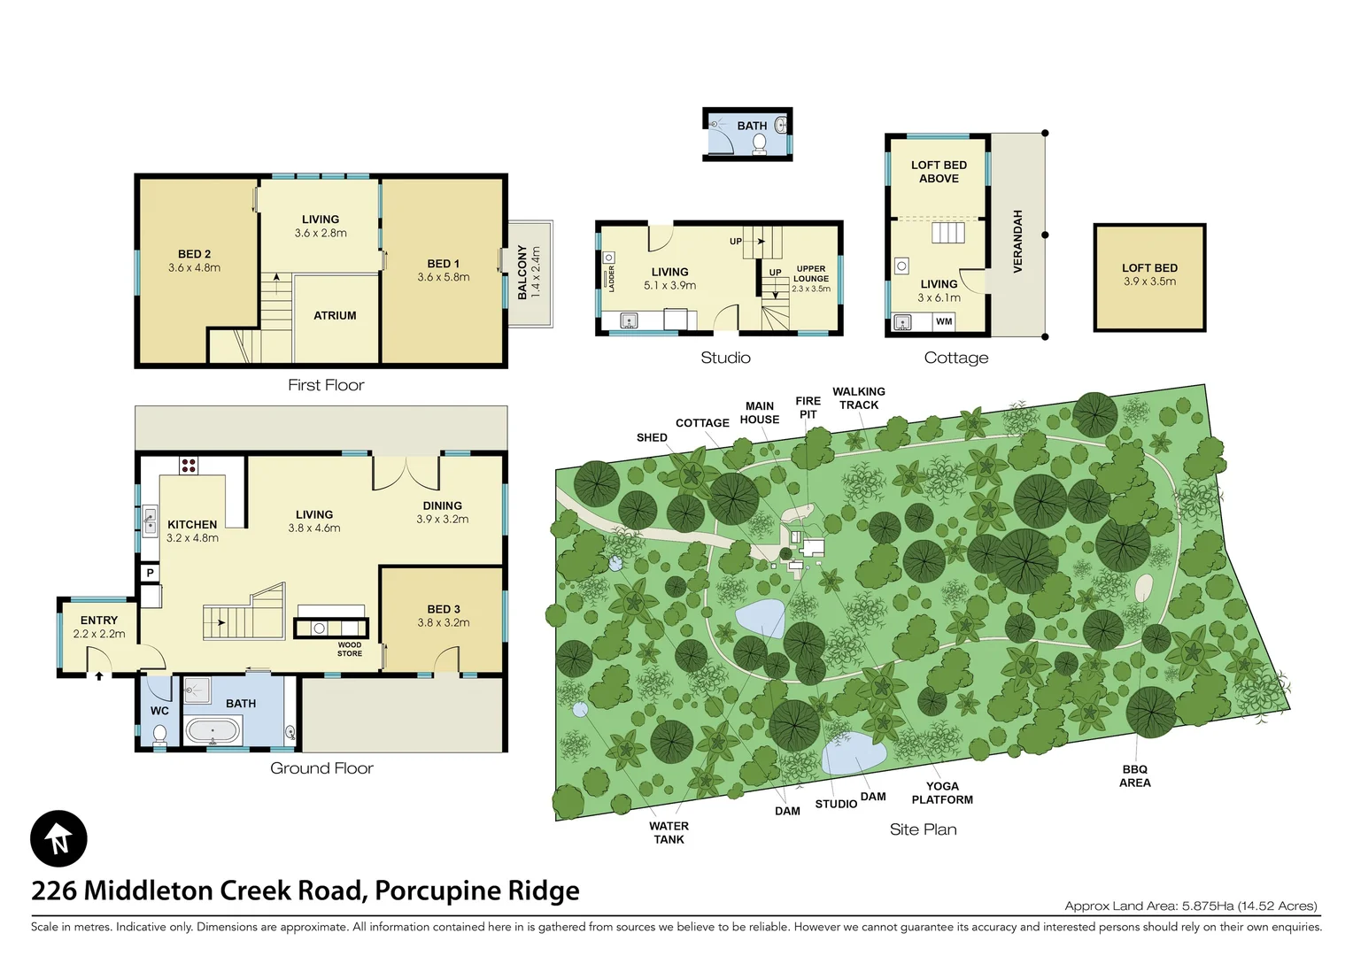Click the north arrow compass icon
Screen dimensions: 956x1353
[x=58, y=838]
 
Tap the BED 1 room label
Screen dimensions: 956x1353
[x=444, y=264]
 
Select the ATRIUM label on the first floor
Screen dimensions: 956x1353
[x=335, y=315]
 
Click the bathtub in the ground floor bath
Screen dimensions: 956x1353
[x=213, y=731]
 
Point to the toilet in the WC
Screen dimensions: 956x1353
[x=159, y=733]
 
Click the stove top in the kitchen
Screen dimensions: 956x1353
[x=189, y=465]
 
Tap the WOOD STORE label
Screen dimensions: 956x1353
[x=350, y=649]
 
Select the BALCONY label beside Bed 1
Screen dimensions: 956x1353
[x=522, y=272]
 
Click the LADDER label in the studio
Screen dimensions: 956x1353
[x=611, y=278]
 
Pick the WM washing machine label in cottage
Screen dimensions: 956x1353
[x=944, y=321]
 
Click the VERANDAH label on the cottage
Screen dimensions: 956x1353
[x=1017, y=241]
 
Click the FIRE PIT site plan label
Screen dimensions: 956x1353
[x=808, y=407]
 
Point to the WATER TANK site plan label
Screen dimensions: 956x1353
[x=669, y=832]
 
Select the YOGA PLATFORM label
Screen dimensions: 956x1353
[x=942, y=792]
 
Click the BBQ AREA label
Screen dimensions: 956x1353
[x=1134, y=775]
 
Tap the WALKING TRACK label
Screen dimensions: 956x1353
[x=858, y=397]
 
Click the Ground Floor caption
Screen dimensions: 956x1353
[x=321, y=768]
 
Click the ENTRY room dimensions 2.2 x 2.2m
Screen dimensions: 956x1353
[x=99, y=634]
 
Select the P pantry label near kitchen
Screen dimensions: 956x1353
[x=151, y=573]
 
